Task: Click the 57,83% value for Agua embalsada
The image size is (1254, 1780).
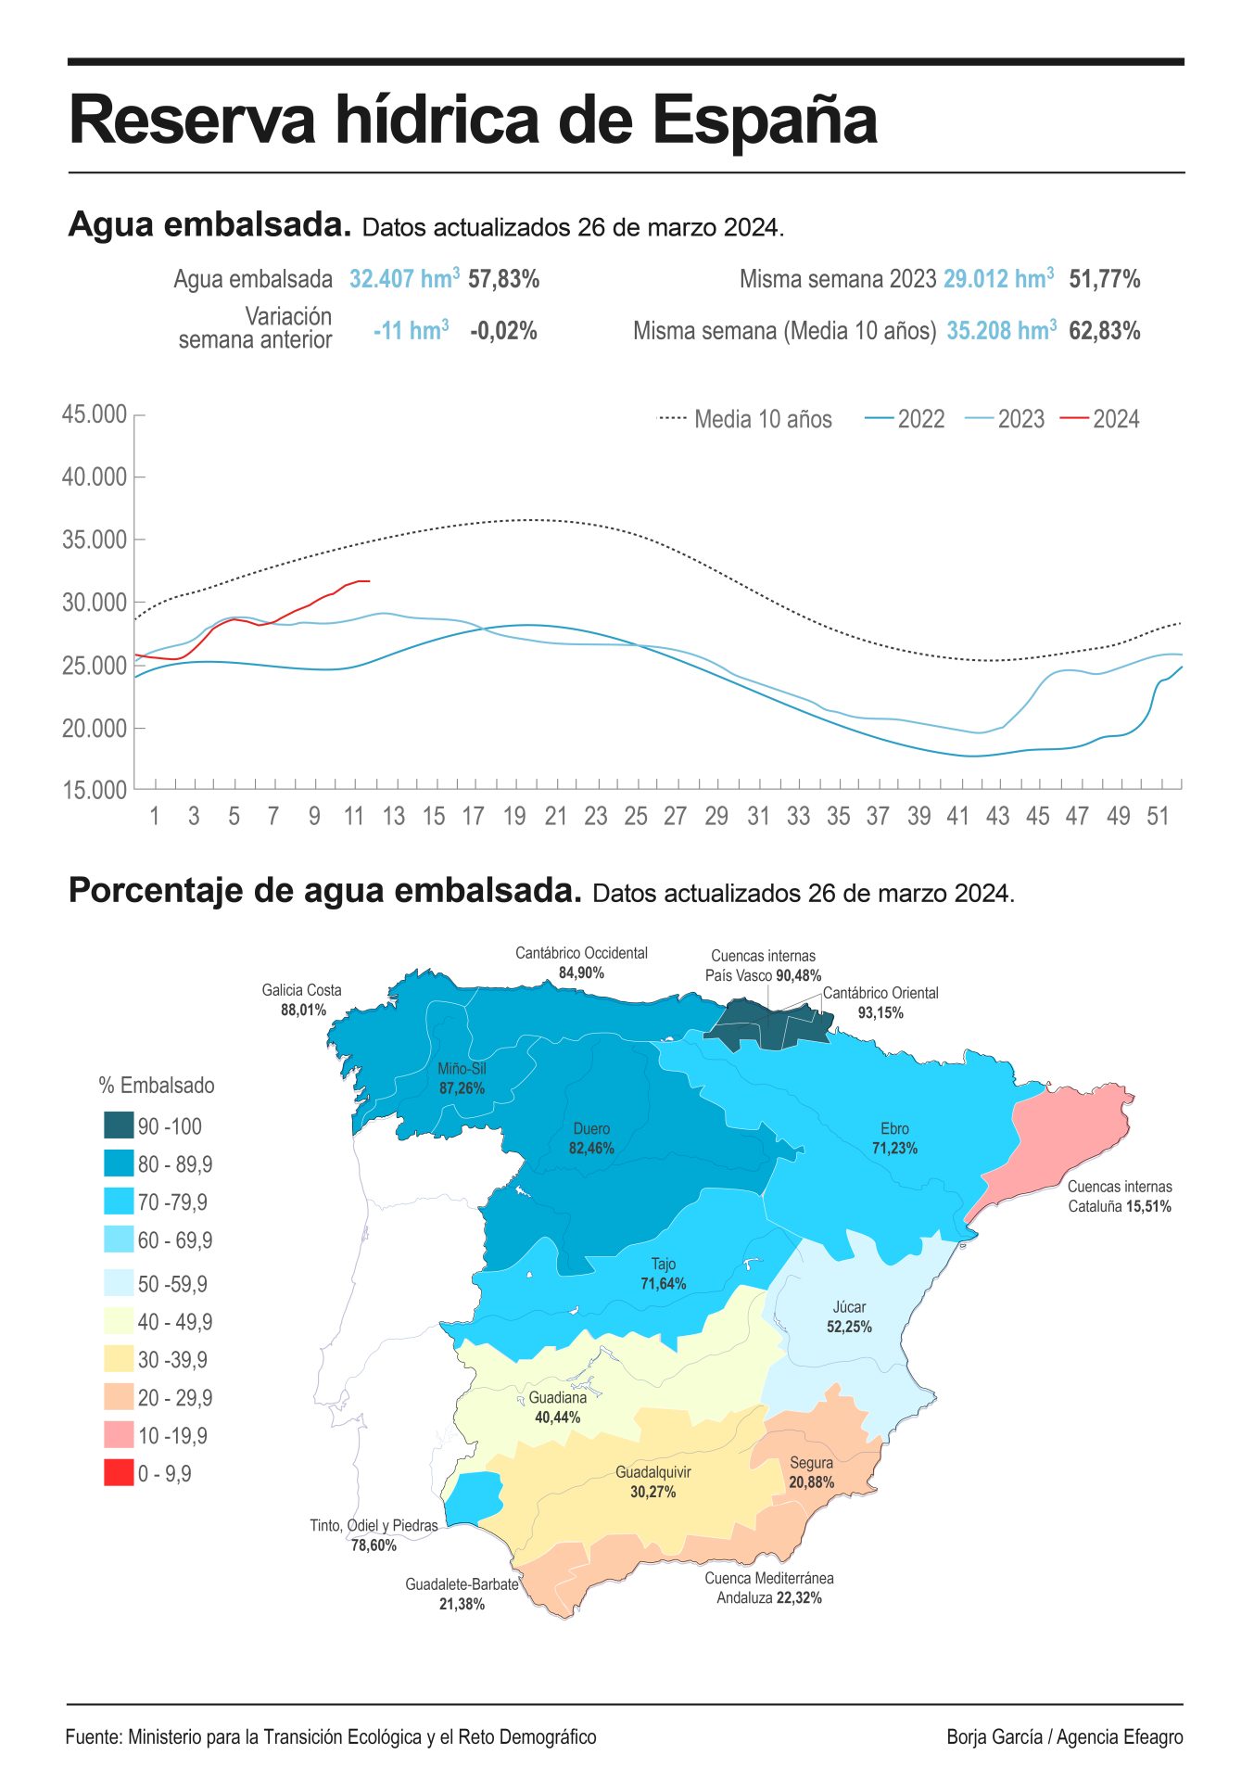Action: pos(503,279)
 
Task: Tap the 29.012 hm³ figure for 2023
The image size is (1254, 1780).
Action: pos(998,279)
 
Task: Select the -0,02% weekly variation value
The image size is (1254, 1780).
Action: pos(503,331)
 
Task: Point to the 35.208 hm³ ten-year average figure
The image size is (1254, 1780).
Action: pos(1001,331)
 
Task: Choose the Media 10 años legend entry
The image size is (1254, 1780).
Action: pos(745,419)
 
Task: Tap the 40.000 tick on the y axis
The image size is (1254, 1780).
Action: pos(95,477)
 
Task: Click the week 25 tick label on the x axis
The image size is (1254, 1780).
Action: pos(635,817)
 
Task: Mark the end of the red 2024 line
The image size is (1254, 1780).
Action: pos(369,581)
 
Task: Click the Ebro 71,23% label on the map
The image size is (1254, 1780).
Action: pos(894,1138)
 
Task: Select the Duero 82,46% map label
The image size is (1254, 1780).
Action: pos(591,1138)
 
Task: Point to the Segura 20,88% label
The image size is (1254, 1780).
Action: pos(811,1472)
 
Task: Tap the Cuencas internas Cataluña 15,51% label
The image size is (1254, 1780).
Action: pos(1119,1197)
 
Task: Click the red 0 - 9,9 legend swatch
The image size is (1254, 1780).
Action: pos(119,1473)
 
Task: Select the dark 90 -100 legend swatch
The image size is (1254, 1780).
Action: pos(119,1125)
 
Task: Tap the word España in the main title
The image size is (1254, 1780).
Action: pos(765,121)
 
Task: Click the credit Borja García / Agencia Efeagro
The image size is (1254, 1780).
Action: pos(1064,1737)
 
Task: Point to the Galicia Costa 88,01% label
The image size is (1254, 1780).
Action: pos(302,1000)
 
